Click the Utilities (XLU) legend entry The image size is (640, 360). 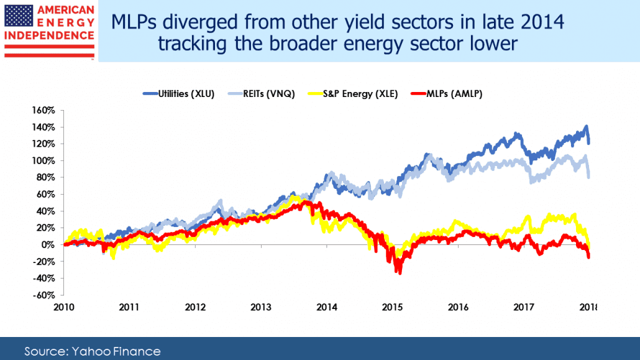pos(178,94)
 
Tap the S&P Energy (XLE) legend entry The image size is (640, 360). pos(353,94)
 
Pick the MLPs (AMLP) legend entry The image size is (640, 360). pos(447,94)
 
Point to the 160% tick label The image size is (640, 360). pos(43,110)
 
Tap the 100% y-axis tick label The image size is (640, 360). pos(43,160)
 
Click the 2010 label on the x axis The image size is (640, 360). pos(63,307)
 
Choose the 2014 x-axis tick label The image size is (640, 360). pos(327,307)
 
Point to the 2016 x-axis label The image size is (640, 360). pos(458,307)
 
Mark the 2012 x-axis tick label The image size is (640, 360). pos(195,307)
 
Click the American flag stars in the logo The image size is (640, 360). pos(19,16)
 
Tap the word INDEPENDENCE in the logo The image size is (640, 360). pos(49,35)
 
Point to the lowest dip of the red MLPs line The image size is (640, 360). pos(399,273)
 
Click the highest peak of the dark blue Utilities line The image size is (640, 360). pos(587,126)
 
